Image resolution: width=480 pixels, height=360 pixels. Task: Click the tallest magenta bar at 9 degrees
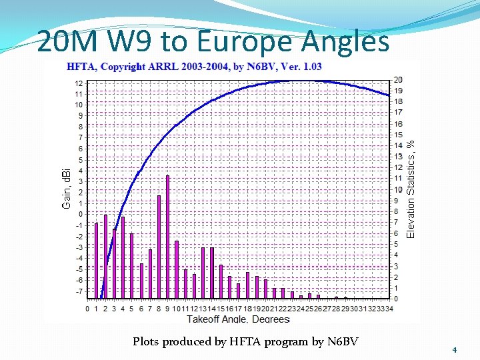click(x=167, y=237)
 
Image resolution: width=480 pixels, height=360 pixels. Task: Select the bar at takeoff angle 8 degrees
click(x=159, y=247)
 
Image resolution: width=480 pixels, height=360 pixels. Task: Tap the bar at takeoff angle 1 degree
click(x=96, y=261)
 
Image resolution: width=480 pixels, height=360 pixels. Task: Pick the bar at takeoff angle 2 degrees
click(x=105, y=257)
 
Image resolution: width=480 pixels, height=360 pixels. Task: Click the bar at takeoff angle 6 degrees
click(x=141, y=281)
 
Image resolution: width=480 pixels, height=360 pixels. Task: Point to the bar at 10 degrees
click(x=177, y=269)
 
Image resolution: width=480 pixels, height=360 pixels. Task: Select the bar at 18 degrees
click(x=247, y=285)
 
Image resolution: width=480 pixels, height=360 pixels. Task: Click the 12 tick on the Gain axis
click(x=79, y=83)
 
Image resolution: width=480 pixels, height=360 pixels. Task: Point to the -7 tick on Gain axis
click(x=79, y=291)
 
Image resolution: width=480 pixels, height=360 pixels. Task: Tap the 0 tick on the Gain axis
click(x=80, y=215)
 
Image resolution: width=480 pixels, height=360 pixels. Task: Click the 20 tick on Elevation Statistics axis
click(x=398, y=80)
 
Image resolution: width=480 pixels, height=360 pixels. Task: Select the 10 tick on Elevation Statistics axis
click(x=398, y=189)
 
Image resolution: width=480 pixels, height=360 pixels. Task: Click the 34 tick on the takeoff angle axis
click(x=389, y=309)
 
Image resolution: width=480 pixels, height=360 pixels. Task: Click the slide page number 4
click(x=454, y=350)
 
